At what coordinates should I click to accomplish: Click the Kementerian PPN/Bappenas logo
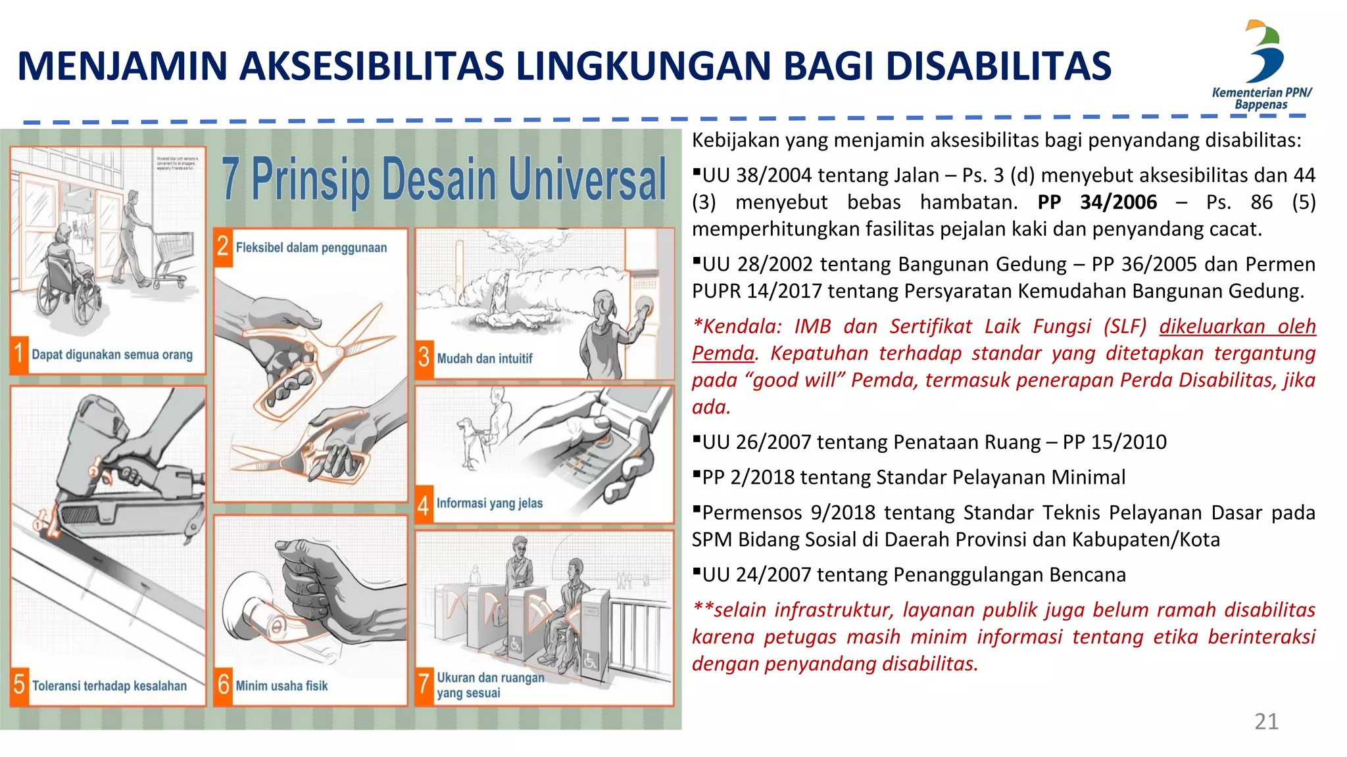tap(1261, 64)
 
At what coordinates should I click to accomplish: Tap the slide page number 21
tap(1266, 722)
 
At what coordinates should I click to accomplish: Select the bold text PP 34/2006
tap(1097, 202)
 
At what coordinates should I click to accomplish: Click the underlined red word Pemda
tap(723, 354)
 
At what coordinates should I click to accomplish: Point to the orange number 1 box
tap(19, 354)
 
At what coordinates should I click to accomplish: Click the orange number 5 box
tap(19, 685)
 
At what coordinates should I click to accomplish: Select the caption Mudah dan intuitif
tap(485, 359)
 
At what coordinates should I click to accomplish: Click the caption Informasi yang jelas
tap(489, 503)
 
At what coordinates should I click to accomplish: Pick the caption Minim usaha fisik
tap(282, 686)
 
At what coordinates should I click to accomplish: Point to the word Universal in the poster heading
tap(587, 179)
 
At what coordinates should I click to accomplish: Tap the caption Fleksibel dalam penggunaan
tap(311, 248)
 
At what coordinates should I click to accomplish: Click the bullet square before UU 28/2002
tap(697, 261)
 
